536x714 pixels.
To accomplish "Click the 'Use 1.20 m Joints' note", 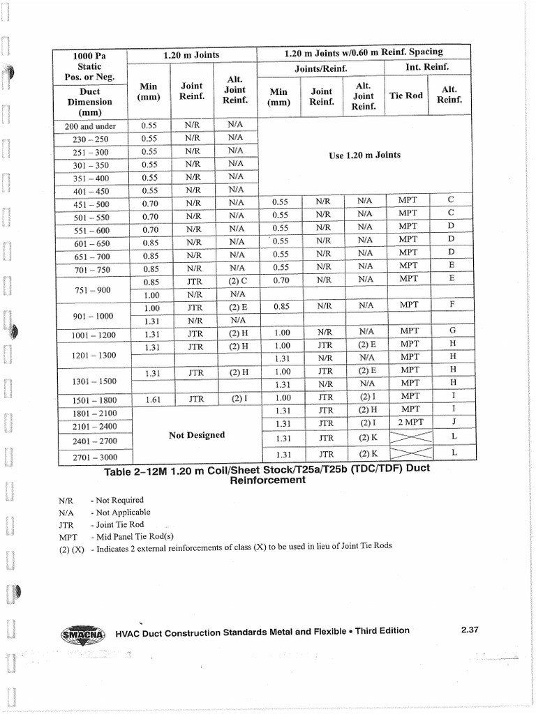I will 364,155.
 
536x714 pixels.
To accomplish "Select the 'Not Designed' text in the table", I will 197,435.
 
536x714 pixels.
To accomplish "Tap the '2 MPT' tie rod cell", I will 410,422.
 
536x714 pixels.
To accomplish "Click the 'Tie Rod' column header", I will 405,96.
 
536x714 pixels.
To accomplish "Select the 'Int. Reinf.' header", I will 427,68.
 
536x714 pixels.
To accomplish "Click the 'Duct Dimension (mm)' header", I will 89,102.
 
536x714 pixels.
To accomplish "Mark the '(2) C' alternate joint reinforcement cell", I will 238,282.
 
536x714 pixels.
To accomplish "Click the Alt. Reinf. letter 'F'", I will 452,305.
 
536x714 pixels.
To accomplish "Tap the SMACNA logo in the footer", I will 82,635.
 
